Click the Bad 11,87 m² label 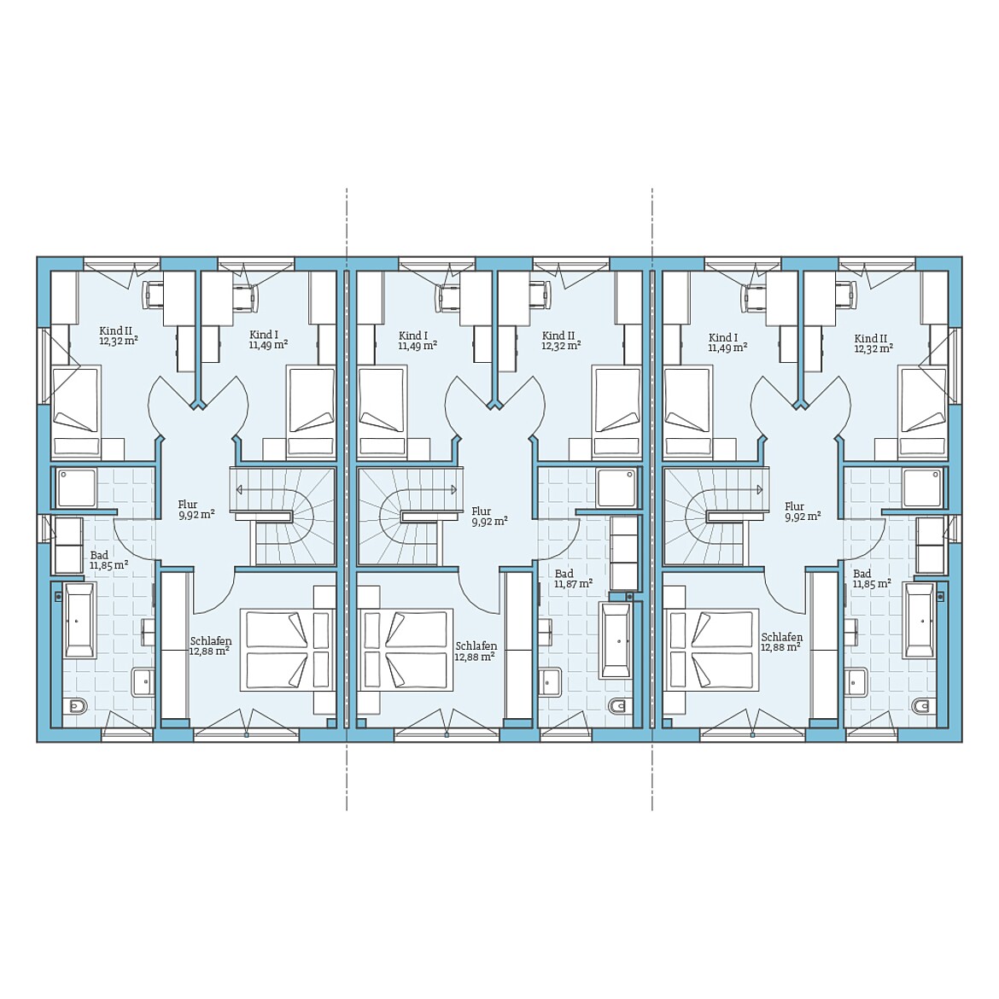click(x=574, y=579)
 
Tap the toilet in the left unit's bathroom click(x=77, y=706)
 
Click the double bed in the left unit click(x=288, y=649)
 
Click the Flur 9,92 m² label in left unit click(x=196, y=510)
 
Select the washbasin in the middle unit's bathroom click(x=549, y=682)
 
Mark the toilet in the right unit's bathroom click(x=920, y=706)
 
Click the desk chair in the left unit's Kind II click(x=155, y=295)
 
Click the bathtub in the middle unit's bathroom click(x=616, y=641)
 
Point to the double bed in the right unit click(x=711, y=649)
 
